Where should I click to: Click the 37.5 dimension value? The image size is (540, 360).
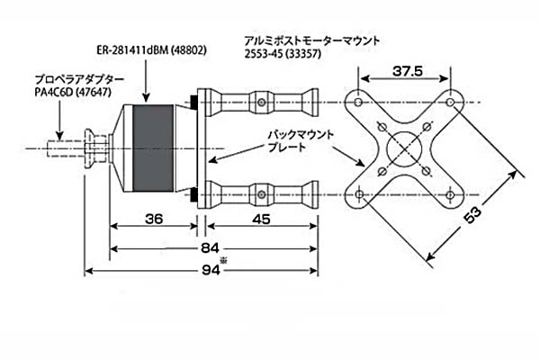[408, 71]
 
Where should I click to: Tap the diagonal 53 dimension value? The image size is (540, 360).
[472, 214]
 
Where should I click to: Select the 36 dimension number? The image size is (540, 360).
[154, 219]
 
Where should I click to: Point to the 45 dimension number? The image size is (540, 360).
[261, 219]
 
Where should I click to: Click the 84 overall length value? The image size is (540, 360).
[210, 248]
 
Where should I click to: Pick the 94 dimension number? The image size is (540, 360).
[211, 270]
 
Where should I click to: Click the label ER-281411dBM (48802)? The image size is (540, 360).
[152, 50]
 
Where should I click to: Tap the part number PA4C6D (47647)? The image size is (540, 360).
[73, 93]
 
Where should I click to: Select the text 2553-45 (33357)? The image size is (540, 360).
[283, 54]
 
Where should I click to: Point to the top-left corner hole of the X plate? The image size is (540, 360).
[358, 103]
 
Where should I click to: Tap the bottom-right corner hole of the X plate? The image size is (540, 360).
[450, 195]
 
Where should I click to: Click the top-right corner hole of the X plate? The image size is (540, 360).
[450, 103]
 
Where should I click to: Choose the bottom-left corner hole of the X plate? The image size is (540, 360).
[359, 194]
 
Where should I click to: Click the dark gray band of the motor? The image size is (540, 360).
[153, 148]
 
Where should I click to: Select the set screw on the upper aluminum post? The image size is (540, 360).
[262, 103]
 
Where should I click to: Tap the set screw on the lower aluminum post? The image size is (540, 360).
[262, 195]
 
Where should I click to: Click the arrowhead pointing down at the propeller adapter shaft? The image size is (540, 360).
[59, 136]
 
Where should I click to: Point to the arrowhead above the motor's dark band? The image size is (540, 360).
[147, 97]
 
